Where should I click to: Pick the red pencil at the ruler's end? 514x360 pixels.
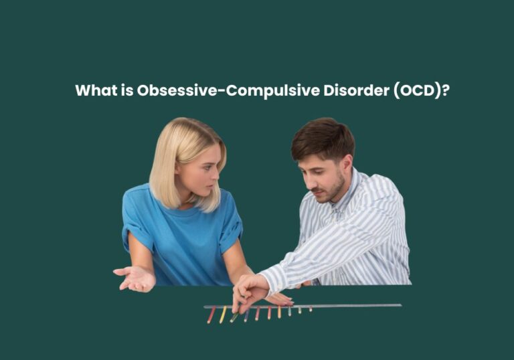tap(211, 315)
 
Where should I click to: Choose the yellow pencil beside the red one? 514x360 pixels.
tap(223, 314)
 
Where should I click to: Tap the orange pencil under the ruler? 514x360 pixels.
tap(269, 312)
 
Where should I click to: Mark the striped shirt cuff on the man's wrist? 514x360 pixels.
tap(274, 280)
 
